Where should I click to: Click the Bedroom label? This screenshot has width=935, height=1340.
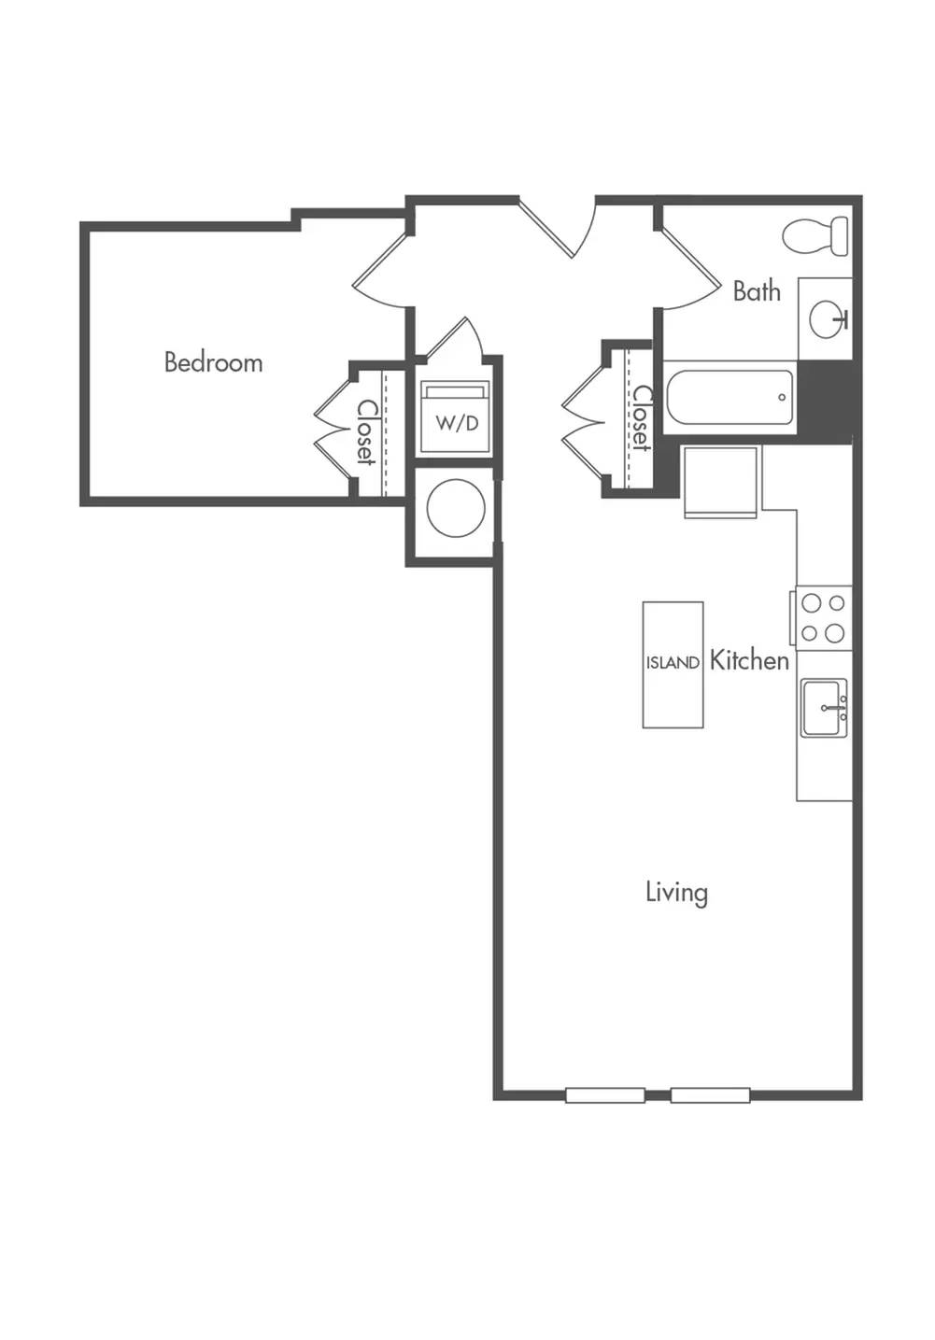[x=214, y=362]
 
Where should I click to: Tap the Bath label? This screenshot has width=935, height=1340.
[x=757, y=291]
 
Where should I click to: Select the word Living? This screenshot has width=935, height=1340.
[x=676, y=893]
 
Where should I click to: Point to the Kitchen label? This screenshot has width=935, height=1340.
[x=749, y=660]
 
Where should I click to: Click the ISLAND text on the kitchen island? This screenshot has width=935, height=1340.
[x=673, y=663]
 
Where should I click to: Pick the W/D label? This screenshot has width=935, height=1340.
[x=457, y=424]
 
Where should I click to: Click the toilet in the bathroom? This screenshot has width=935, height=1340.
[x=815, y=236]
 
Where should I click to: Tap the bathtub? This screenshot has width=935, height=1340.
[x=730, y=397]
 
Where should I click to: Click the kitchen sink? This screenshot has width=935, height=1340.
[x=825, y=708]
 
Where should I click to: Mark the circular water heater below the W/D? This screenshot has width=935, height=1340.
[x=456, y=508]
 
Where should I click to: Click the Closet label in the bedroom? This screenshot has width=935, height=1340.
[x=365, y=432]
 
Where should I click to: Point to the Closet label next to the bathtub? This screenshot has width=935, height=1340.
[x=642, y=417]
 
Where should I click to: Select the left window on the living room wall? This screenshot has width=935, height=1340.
[x=604, y=1095]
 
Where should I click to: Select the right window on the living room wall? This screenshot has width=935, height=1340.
[x=710, y=1095]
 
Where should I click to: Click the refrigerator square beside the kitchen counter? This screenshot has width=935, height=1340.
[x=721, y=482]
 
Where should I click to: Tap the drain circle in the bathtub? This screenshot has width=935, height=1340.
[x=781, y=397]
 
